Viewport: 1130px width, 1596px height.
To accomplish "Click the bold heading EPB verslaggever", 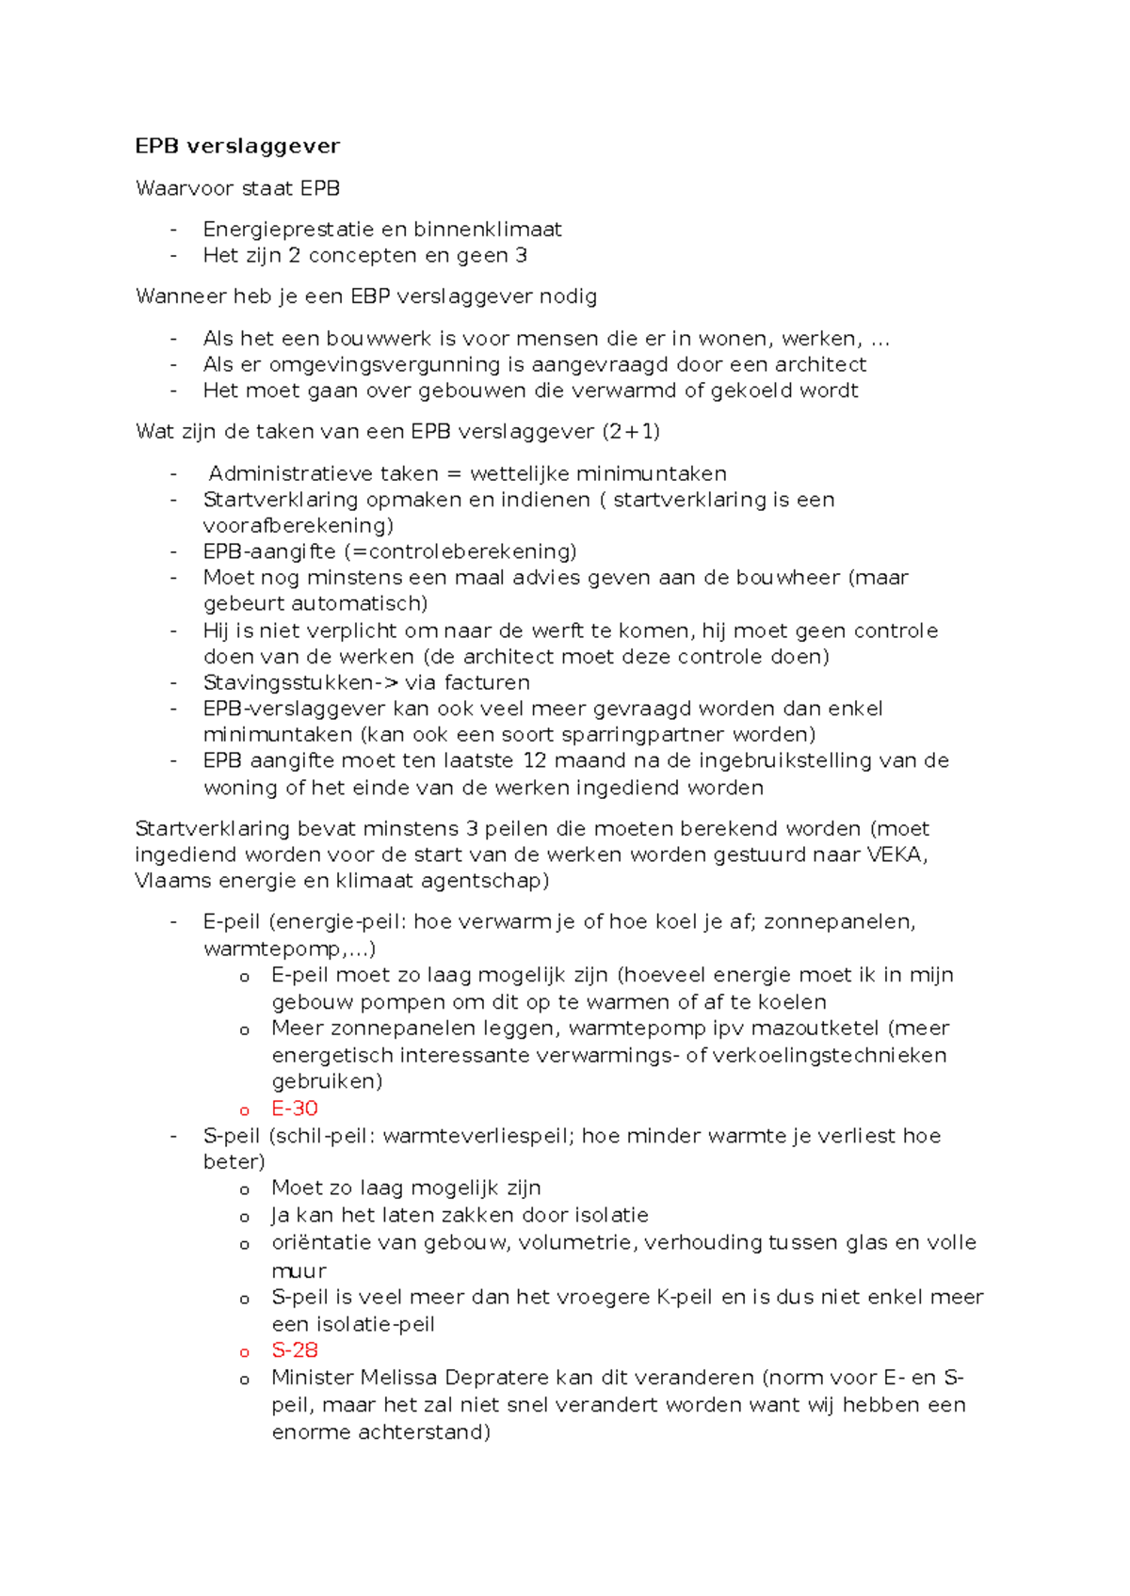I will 237,146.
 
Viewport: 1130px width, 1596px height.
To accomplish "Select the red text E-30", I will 295,1109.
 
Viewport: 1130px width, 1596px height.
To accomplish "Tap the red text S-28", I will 295,1350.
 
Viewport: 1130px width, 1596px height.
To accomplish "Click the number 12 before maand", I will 534,760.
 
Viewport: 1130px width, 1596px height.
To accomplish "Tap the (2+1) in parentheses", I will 631,432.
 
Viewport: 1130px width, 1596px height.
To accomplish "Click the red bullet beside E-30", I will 245,1110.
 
